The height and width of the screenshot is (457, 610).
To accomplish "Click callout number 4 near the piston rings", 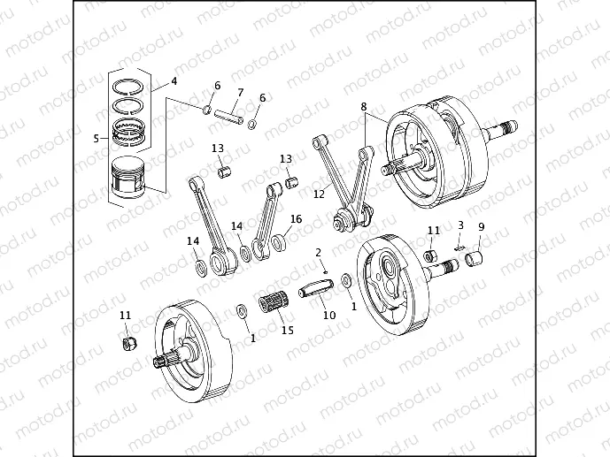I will tap(174, 81).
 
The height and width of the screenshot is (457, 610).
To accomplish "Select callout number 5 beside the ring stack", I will tap(97, 138).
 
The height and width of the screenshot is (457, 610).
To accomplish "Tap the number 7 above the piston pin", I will tap(239, 92).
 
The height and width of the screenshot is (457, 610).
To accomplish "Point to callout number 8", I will tap(363, 107).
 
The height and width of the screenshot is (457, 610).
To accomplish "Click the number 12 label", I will tap(320, 194).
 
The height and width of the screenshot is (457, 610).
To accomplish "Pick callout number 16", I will tap(296, 218).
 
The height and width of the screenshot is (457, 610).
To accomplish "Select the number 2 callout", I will tap(319, 253).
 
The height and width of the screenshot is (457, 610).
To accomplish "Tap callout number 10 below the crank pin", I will tap(328, 315).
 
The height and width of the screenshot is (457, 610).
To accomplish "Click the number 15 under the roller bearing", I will tap(287, 331).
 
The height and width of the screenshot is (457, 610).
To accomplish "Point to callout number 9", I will tap(481, 227).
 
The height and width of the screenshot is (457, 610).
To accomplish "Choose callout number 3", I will tap(460, 225).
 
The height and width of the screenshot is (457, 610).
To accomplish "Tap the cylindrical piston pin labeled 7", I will tap(228, 115).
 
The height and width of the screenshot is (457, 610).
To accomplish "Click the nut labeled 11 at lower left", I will tap(128, 342).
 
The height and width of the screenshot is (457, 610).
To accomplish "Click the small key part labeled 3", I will tap(458, 248).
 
